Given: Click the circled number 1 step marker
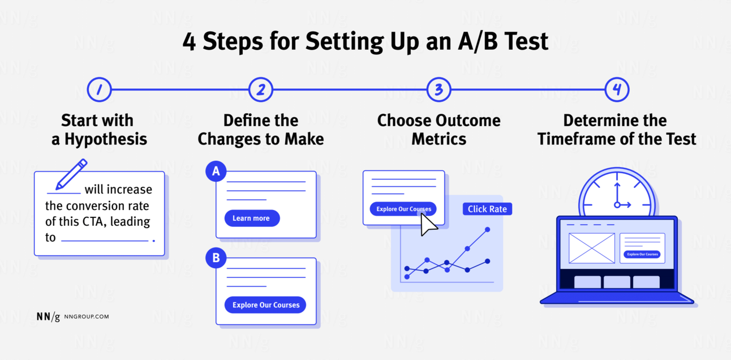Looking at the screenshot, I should pos(99,90).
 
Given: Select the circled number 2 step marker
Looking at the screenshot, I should pos(261,90).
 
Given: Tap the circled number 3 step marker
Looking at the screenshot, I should pos(438,90).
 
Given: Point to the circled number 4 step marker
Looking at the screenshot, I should pos(617,90).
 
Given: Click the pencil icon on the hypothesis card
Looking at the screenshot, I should pos(71,174).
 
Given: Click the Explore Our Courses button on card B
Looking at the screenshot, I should pos(265,305).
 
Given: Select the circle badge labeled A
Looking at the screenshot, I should pos(216,171).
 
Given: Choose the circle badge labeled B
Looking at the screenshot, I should pos(216,259).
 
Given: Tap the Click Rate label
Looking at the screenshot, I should pos(487,209).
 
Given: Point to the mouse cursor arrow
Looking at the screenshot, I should pos(428,225).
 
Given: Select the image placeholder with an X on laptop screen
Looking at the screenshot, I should pos(591,248).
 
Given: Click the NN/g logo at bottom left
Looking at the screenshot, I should pos(48,317).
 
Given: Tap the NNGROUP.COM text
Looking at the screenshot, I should pos(87,317).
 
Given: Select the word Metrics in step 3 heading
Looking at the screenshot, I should pos(438,139).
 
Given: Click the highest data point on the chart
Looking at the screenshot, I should pos(487,230).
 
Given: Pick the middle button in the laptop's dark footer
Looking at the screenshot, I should pos(616,282).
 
